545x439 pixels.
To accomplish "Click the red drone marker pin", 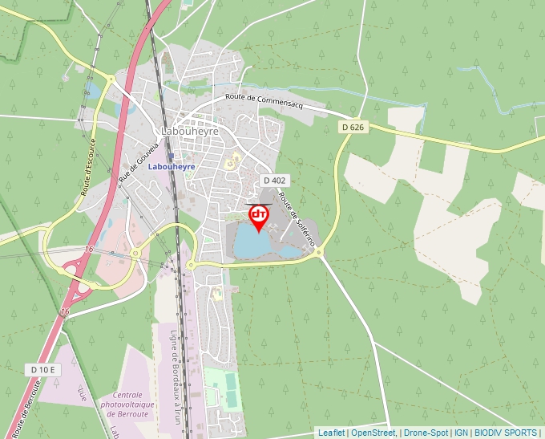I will click(x=259, y=216).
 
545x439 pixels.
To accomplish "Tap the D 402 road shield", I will click(x=273, y=181).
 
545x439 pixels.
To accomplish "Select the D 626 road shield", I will click(x=352, y=127).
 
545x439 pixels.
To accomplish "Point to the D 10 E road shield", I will click(x=43, y=369).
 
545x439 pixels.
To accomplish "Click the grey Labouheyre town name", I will click(x=190, y=131).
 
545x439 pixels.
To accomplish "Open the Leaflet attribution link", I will click(x=331, y=433).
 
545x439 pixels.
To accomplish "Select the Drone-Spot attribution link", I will click(x=426, y=433).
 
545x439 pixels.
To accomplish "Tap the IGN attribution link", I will click(x=461, y=433).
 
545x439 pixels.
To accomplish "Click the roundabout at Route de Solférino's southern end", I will click(x=319, y=254).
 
